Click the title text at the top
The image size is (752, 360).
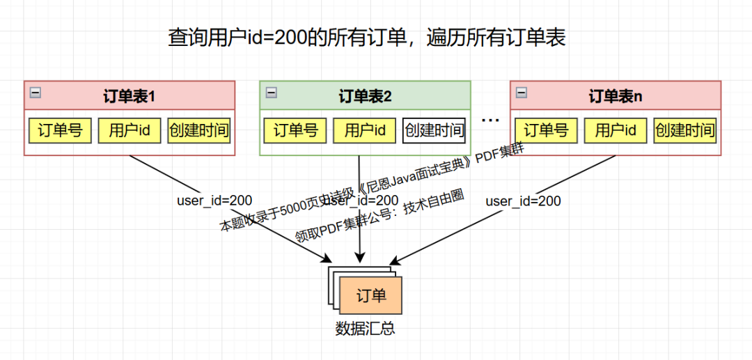pyautogui.click(x=367, y=37)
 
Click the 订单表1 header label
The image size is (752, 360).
pyautogui.click(x=130, y=96)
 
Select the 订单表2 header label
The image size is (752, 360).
pyautogui.click(x=366, y=96)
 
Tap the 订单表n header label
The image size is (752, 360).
pyautogui.click(x=616, y=96)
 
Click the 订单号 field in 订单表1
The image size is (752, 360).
pyautogui.click(x=60, y=130)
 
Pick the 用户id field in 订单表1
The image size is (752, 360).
pyautogui.click(x=130, y=130)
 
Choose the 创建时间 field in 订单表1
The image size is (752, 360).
pyautogui.click(x=198, y=130)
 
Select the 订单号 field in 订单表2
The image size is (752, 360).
pyautogui.click(x=295, y=130)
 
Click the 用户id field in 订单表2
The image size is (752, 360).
pyautogui.click(x=365, y=130)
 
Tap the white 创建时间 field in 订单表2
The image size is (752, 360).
pyautogui.click(x=434, y=130)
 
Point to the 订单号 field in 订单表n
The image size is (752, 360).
pyautogui.click(x=546, y=130)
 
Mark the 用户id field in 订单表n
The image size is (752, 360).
pyautogui.click(x=616, y=130)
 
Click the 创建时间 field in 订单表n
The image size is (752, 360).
pyautogui.click(x=684, y=130)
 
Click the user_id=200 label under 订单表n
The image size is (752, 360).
pyautogui.click(x=523, y=201)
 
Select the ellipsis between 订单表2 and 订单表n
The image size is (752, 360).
pyautogui.click(x=491, y=120)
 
